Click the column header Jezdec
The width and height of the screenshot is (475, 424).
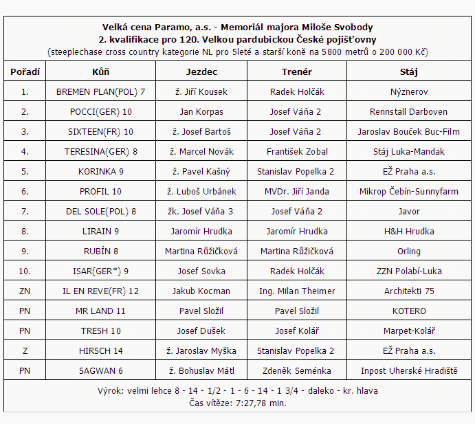(201, 71)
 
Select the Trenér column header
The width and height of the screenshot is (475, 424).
(296, 71)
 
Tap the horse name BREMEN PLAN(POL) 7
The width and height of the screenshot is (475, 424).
(100, 91)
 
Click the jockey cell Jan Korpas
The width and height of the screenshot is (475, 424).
(201, 111)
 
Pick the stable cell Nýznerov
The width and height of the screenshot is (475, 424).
(408, 91)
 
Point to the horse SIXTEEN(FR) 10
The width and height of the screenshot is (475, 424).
(100, 131)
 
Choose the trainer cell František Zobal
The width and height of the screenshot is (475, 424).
(296, 151)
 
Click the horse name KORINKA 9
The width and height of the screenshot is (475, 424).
(100, 171)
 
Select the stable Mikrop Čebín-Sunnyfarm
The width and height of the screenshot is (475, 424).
(408, 191)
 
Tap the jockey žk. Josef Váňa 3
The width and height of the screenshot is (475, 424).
(201, 211)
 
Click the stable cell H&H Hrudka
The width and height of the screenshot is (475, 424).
(408, 231)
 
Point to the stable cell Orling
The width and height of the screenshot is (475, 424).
(408, 251)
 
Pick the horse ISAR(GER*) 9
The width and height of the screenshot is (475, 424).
(100, 271)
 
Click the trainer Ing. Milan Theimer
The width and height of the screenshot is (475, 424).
(296, 291)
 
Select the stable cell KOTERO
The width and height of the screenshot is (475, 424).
(408, 311)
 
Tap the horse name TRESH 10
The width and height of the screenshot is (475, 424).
(100, 331)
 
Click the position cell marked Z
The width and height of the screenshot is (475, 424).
(25, 350)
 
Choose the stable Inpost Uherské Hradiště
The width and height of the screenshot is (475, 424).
(408, 370)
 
